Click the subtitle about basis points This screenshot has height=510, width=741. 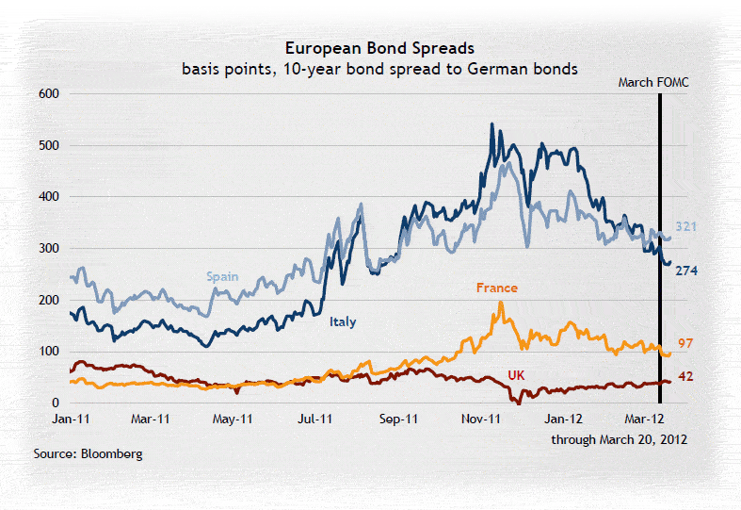379,69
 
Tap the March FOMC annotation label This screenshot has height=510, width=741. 653,82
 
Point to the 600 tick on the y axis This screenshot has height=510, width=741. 49,93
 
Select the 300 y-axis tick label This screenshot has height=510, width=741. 49,248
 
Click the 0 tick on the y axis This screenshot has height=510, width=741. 56,403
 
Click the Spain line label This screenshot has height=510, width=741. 223,277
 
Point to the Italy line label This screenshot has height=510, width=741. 342,321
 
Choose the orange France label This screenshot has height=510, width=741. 497,288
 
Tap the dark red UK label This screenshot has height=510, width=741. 516,374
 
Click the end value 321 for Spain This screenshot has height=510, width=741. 687,227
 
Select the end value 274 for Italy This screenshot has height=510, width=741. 687,270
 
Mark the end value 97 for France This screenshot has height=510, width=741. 685,343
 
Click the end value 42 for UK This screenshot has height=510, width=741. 685,376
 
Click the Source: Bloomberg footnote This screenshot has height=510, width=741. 88,454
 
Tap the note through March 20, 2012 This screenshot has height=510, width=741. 619,440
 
